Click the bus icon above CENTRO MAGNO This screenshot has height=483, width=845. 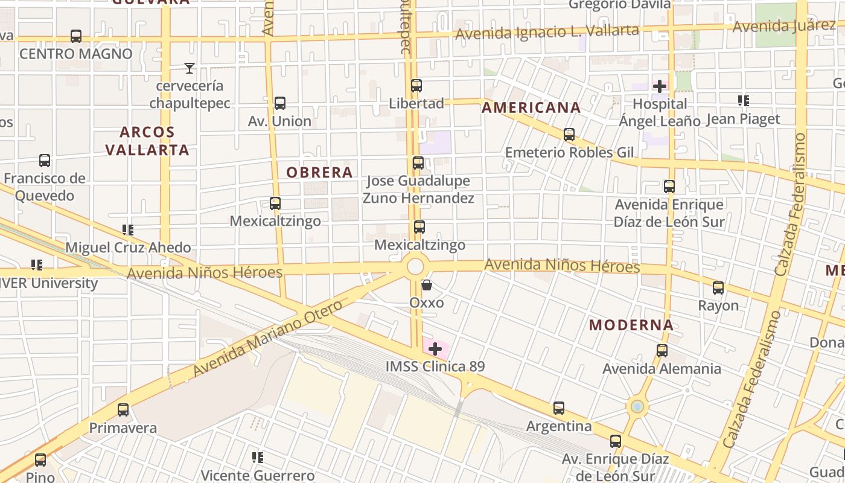click(x=76, y=36)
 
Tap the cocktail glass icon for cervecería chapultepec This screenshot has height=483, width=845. click(x=190, y=68)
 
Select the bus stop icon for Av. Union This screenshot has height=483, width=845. click(x=280, y=103)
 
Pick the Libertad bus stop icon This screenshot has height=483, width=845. click(x=416, y=86)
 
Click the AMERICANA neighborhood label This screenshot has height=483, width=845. click(x=531, y=108)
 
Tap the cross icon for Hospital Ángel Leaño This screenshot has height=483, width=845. click(x=660, y=86)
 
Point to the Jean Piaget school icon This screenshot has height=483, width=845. click(x=744, y=101)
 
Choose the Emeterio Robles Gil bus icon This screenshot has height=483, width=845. click(x=569, y=135)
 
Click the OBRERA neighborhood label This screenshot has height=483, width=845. click(x=319, y=173)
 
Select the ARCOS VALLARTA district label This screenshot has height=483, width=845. click(x=147, y=141)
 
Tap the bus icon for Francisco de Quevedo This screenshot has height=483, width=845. click(x=45, y=161)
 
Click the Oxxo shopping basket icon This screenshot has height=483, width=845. click(x=427, y=285)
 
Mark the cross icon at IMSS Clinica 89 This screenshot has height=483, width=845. click(x=435, y=349)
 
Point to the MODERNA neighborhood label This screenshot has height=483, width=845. click(x=631, y=325)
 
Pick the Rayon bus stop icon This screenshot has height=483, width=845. click(x=718, y=288)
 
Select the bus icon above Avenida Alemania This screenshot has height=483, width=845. click(x=662, y=351)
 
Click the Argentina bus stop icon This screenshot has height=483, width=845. click(x=559, y=408)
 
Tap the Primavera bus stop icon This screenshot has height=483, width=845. click(x=123, y=410)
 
